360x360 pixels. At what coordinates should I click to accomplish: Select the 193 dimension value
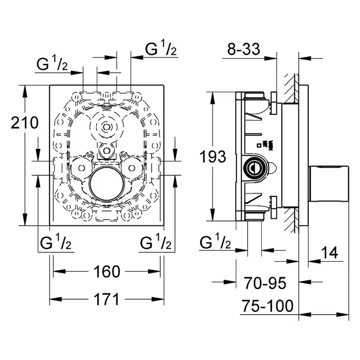[213, 156]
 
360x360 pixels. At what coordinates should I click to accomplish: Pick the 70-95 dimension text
[264, 283]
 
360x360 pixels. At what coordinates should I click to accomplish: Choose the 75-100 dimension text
[267, 306]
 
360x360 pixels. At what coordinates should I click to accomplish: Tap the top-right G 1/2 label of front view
[161, 49]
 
